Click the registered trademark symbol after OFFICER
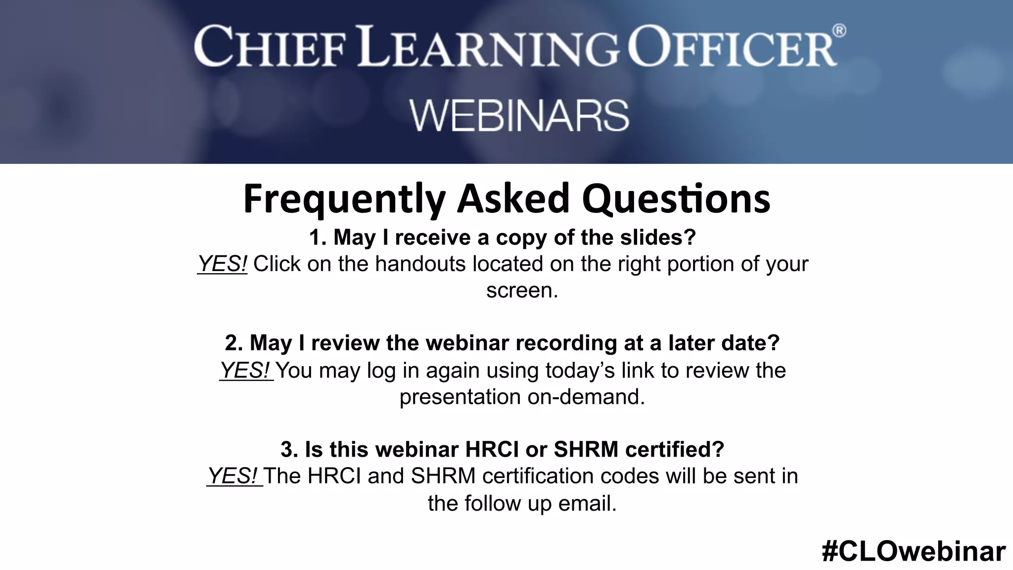pyautogui.click(x=839, y=31)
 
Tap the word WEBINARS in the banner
pyautogui.click(x=519, y=116)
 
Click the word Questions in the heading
pyautogui.click(x=676, y=199)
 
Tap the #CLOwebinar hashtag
pyautogui.click(x=914, y=551)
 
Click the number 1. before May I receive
pyautogui.click(x=318, y=237)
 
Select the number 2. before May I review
pyautogui.click(x=233, y=343)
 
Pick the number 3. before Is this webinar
pyautogui.click(x=289, y=449)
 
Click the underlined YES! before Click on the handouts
pyautogui.click(x=222, y=264)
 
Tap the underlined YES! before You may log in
pyautogui.click(x=245, y=370)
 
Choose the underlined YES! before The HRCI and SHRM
pyautogui.click(x=233, y=476)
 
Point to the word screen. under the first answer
pyautogui.click(x=522, y=290)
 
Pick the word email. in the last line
pyautogui.click(x=587, y=503)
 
